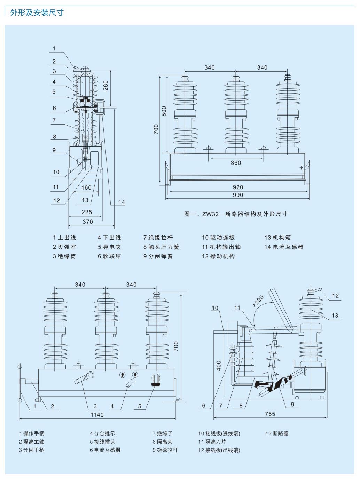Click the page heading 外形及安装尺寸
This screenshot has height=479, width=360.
pyautogui.click(x=37, y=13)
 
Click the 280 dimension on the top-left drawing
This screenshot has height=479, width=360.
pyautogui.click(x=106, y=85)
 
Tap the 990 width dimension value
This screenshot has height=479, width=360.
pyautogui.click(x=238, y=195)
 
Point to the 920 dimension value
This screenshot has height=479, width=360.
pyautogui.click(x=238, y=187)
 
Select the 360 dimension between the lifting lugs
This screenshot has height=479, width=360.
pyautogui.click(x=236, y=162)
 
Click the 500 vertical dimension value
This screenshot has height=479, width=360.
pyautogui.click(x=164, y=111)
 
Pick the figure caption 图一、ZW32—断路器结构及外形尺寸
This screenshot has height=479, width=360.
pyautogui.click(x=236, y=214)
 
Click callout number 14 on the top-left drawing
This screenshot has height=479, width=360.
pyautogui.click(x=121, y=202)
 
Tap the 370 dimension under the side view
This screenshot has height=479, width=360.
pyautogui.click(x=88, y=222)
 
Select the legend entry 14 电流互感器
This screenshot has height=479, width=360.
pyautogui.click(x=284, y=247)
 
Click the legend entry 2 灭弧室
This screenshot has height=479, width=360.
pyautogui.click(x=64, y=247)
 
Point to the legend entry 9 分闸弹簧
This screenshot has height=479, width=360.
pyautogui.click(x=158, y=256)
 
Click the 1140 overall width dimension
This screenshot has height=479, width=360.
pyautogui.click(x=97, y=415)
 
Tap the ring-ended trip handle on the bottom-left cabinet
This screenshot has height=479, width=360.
pyautogui.click(x=85, y=378)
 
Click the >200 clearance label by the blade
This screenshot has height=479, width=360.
pyautogui.click(x=258, y=301)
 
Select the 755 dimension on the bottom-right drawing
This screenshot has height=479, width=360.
pyautogui.click(x=270, y=414)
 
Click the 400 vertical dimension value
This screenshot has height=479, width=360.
pyautogui.click(x=219, y=366)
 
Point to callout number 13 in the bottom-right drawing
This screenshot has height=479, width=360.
pyautogui.click(x=335, y=316)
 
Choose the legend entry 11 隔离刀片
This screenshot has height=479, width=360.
pyautogui.click(x=212, y=442)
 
